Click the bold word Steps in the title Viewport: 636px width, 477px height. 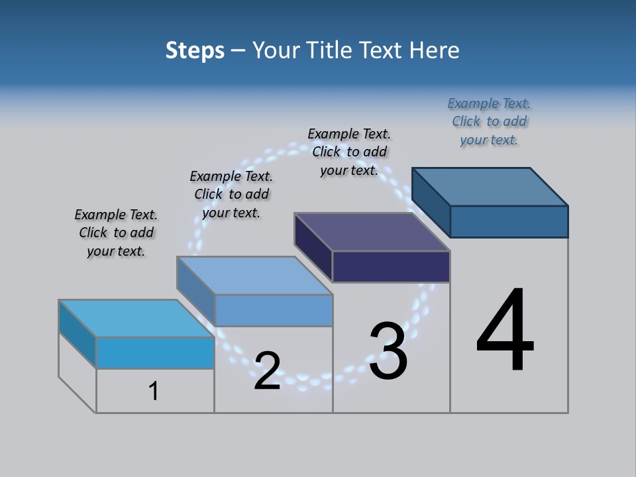click(195, 50)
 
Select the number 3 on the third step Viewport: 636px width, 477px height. click(388, 350)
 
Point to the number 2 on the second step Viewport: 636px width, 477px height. click(267, 371)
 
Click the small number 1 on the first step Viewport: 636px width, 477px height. click(154, 391)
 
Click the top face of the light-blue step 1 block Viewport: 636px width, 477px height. click(136, 318)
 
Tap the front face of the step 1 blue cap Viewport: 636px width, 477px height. click(155, 352)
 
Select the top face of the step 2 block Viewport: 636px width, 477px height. click(254, 275)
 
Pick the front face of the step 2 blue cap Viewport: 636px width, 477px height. click(274, 310)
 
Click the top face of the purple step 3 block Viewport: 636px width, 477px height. click(372, 232)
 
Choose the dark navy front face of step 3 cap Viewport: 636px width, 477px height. click(391, 266)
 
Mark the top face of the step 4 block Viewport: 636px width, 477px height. click(490, 186)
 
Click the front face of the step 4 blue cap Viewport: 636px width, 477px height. click(509, 221)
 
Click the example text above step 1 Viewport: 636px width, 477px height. click(116, 233)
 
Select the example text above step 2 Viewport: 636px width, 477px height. click(231, 194)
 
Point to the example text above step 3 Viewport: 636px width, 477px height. click(349, 152)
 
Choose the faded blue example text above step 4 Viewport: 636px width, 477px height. click(489, 121)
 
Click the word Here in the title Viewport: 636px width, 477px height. click(435, 50)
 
